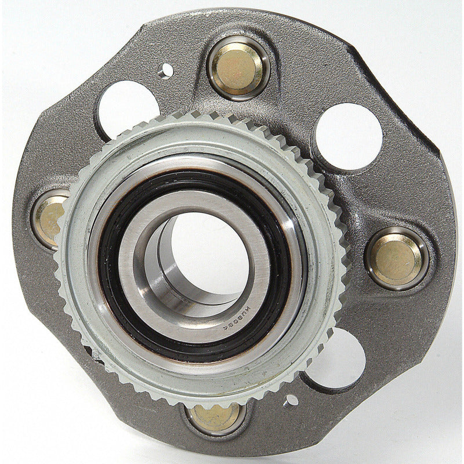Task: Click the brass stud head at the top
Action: coord(238,67)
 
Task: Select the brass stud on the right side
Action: coord(397,258)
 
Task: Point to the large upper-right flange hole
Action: coord(349,136)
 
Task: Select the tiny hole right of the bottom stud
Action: coord(291,400)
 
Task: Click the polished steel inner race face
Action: coord(130,255)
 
